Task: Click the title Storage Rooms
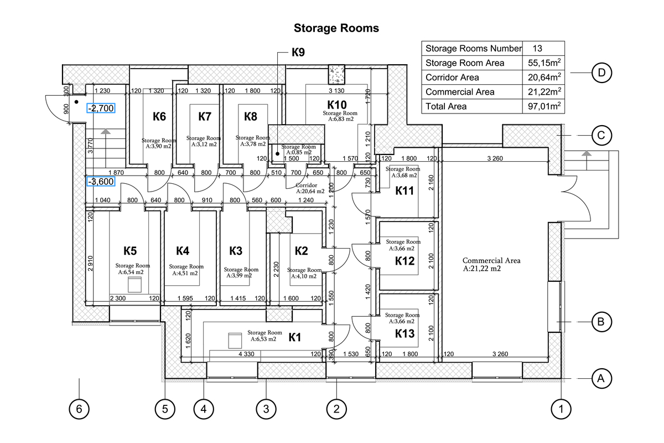(336, 28)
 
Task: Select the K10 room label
(337, 104)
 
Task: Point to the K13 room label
(406, 334)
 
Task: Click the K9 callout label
(298, 53)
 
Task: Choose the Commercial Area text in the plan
(491, 260)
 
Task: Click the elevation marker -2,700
(100, 108)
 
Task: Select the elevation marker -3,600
(100, 181)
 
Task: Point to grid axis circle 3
(266, 409)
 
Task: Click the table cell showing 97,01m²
(543, 106)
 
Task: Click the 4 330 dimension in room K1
(247, 353)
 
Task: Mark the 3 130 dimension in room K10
(338, 91)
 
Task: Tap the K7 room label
(205, 116)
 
